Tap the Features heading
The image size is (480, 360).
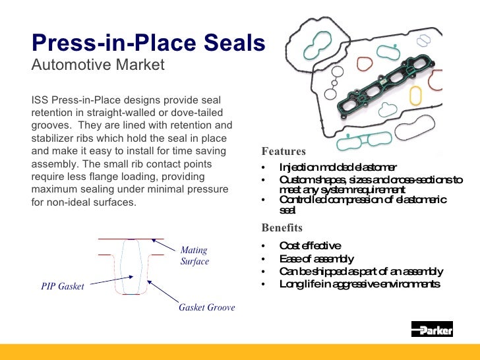coord(284,151)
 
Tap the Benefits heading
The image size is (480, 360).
coord(282,228)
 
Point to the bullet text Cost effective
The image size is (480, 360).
coord(310,246)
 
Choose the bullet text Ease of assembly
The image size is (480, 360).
coord(316,258)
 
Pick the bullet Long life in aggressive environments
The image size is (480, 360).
coord(359,284)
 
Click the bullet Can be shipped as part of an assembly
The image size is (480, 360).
coord(361,272)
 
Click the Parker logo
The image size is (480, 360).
coord(432,330)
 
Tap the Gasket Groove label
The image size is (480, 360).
coord(206,308)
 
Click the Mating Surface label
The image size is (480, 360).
coord(195,256)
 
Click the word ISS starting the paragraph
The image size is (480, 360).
coord(41,100)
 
